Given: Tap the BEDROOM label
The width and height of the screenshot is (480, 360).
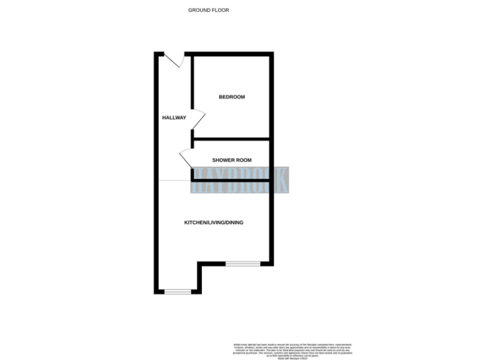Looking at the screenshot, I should [x=231, y=97].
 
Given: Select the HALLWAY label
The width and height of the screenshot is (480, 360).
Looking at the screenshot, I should [x=174, y=117].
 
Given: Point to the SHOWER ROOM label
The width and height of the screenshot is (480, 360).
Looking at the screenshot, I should [x=232, y=160].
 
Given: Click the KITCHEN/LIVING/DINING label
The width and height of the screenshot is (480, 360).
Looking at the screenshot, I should [x=213, y=222].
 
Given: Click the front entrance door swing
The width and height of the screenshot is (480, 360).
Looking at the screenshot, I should [x=175, y=61].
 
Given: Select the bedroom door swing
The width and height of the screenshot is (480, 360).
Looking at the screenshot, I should [x=197, y=119].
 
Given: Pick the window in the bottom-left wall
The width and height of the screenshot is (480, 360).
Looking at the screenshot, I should [x=177, y=291].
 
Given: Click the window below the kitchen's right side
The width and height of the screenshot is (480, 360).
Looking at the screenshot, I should [x=242, y=263].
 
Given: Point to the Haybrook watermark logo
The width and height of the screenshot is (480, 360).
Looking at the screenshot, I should [x=240, y=180].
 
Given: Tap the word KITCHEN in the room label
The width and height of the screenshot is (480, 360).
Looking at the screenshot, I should [x=194, y=222].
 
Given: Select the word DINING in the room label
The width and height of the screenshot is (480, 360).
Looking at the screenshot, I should [x=234, y=222].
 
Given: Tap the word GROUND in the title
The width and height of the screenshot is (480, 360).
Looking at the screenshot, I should [x=199, y=10].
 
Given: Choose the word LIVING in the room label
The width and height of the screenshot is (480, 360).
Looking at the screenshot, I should [x=215, y=222].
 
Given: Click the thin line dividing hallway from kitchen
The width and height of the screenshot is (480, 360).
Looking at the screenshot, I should [x=174, y=181].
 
